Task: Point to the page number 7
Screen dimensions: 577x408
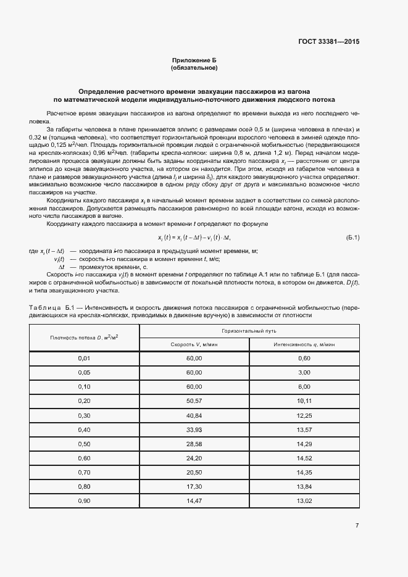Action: pos(357,525)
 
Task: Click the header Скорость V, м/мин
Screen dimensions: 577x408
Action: pos(194,344)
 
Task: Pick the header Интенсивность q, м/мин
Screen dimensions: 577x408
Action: pos(304,344)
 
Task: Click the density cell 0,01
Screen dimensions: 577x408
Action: pos(85,358)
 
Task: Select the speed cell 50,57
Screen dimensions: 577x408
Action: pos(194,401)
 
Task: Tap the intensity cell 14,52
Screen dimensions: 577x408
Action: pos(304,458)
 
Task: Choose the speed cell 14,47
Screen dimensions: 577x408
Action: pos(194,500)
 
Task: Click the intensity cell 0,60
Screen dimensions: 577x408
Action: pos(304,358)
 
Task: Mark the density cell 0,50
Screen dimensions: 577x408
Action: pos(85,444)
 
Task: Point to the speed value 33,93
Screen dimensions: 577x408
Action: pos(194,430)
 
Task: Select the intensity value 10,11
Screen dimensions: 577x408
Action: pos(304,401)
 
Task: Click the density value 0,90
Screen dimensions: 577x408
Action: pos(85,500)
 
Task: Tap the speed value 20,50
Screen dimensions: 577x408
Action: pos(194,472)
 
